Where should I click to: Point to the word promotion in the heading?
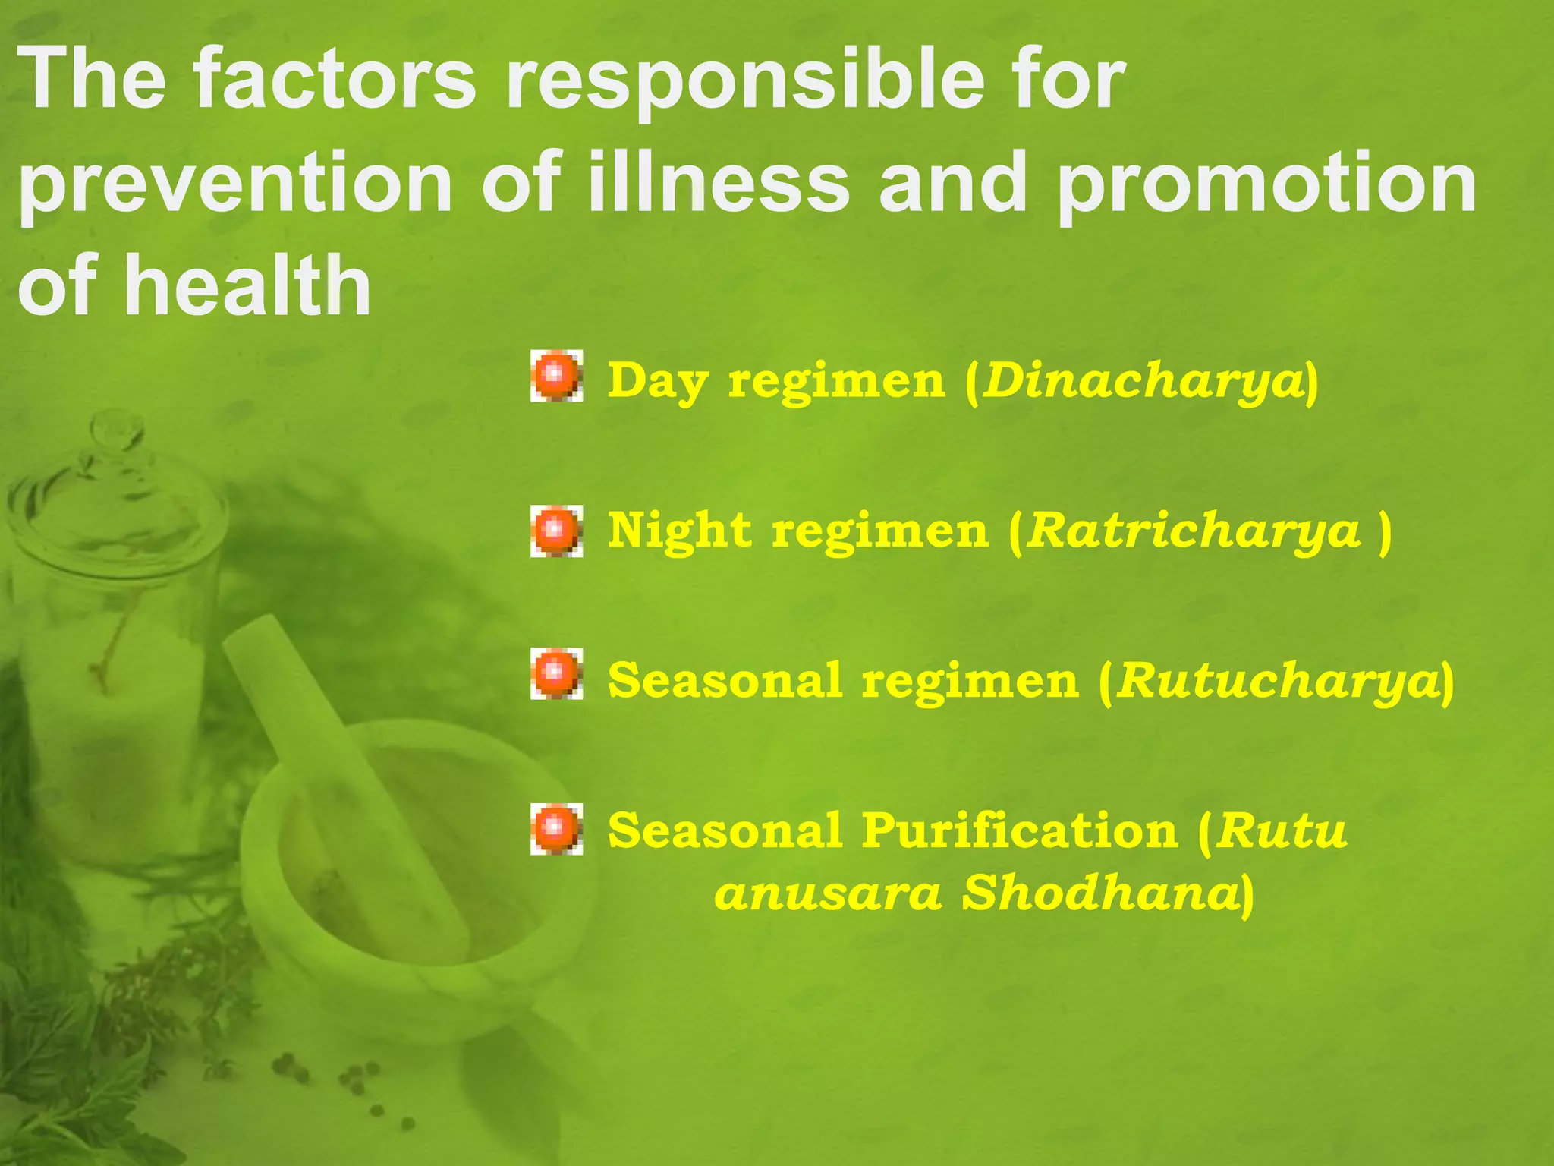click(1266, 186)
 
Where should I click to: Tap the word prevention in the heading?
click(235, 186)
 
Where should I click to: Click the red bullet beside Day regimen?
click(556, 376)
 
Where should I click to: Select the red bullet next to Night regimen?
click(556, 530)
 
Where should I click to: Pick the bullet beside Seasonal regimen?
click(556, 673)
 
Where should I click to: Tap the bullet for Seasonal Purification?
click(556, 829)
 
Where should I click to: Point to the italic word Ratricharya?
click(1194, 530)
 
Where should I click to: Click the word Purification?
click(1019, 830)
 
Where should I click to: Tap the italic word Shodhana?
click(1100, 893)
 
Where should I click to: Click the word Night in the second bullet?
click(679, 530)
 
